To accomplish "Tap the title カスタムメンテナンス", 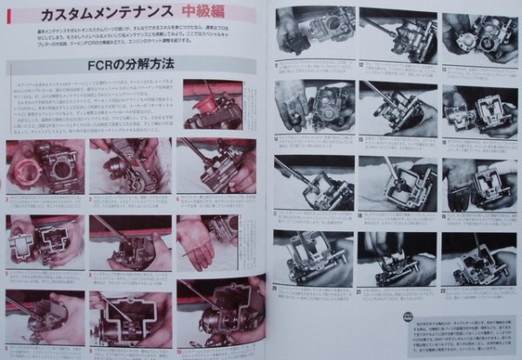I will point(96,15).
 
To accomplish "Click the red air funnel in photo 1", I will point(207,103).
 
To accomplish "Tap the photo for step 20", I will point(312,257).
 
